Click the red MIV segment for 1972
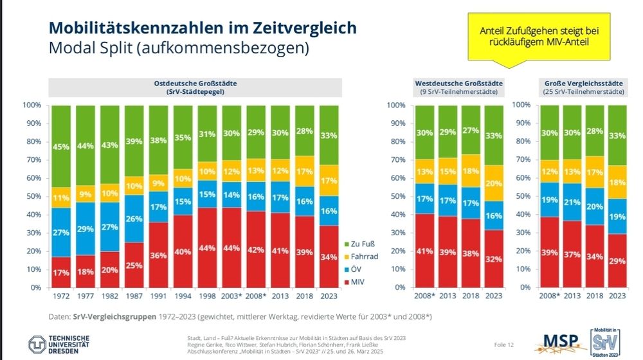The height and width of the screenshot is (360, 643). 60,272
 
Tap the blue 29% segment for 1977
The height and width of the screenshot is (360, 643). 85,229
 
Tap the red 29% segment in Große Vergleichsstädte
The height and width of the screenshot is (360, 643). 617,260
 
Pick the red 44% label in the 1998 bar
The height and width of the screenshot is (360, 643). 208,248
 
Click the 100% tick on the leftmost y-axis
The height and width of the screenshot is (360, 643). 32,105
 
